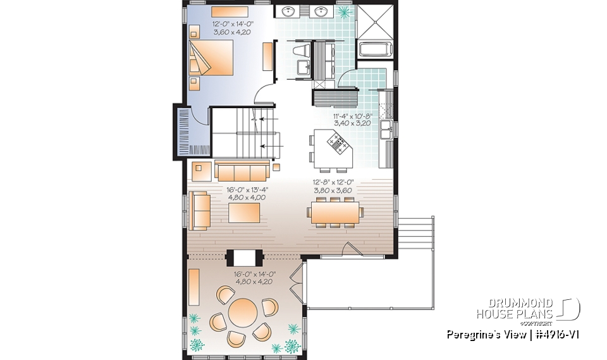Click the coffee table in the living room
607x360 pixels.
pyautogui.click(x=244, y=213)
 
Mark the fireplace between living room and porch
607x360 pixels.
pyautogui.click(x=244, y=257)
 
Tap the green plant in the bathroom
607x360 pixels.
pyautogui.click(x=345, y=12)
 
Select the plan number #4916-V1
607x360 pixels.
pyautogui.click(x=551, y=333)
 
